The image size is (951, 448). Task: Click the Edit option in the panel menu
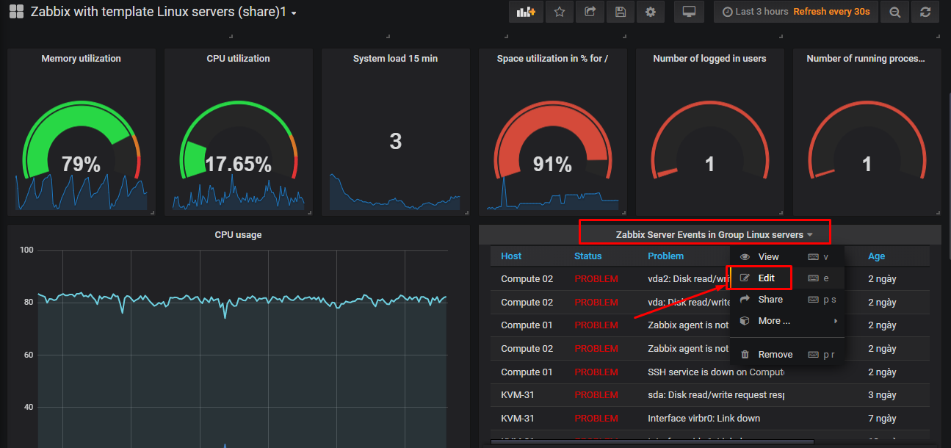click(766, 278)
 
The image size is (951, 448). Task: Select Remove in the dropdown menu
click(775, 354)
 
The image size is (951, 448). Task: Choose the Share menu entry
click(770, 299)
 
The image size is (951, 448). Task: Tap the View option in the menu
click(768, 256)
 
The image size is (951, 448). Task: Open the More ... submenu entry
click(774, 320)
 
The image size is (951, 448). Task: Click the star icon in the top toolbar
click(560, 12)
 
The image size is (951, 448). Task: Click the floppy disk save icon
click(620, 12)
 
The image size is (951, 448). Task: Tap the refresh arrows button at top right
click(925, 12)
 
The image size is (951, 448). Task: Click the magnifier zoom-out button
click(894, 12)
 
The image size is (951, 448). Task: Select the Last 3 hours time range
click(755, 12)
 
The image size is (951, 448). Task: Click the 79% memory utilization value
click(81, 165)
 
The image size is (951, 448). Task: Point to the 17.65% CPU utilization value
click(238, 165)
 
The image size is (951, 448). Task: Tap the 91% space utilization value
click(552, 165)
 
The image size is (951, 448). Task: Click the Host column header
click(511, 256)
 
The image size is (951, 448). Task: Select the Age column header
click(876, 256)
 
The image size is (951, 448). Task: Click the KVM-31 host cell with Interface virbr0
click(517, 418)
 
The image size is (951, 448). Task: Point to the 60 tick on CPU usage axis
click(27, 355)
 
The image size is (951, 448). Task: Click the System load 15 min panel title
click(395, 59)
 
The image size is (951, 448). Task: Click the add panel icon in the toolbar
click(526, 12)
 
